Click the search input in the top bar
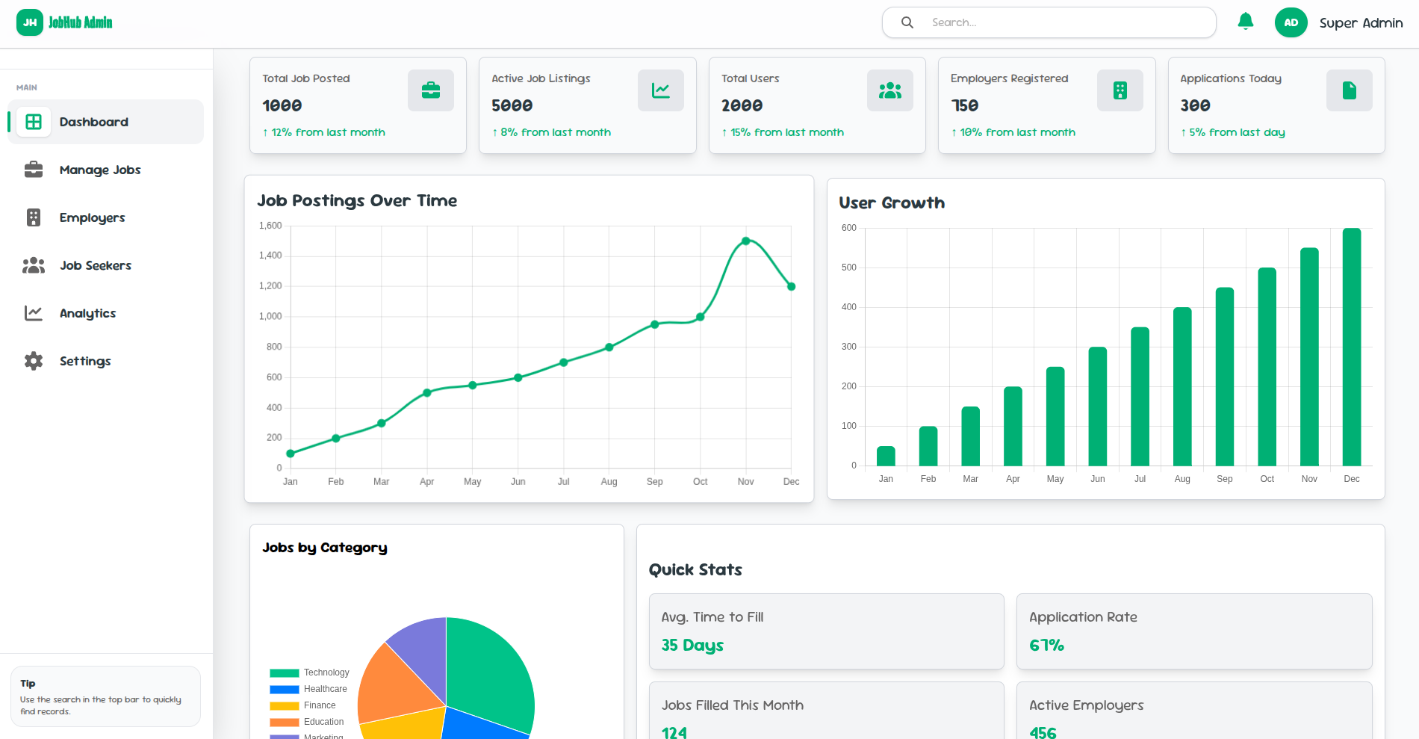1061,22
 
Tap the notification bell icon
1245,22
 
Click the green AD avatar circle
1291,22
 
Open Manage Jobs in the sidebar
100,170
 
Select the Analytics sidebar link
87,313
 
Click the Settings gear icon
34,361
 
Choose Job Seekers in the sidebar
95,265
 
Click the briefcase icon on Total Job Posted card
431,90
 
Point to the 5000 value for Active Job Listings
512,106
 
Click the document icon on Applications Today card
1349,90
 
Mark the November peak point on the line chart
746,241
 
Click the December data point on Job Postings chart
792,286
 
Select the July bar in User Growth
1140,396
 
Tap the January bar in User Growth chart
886,456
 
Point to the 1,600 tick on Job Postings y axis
270,226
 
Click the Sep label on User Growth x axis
1225,479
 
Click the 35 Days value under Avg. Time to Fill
692,645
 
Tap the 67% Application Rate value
1046,645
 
